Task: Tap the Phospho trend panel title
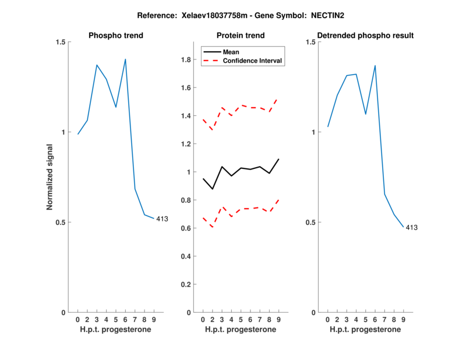click(116, 36)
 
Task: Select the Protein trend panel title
click(241, 36)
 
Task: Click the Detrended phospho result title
click(366, 36)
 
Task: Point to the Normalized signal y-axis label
click(50, 177)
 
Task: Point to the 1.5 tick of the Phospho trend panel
click(60, 42)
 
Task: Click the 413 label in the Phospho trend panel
click(162, 219)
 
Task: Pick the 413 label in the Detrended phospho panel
click(411, 228)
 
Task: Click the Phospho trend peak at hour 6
click(125, 59)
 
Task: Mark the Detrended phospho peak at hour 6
click(375, 65)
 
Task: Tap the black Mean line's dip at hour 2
click(213, 189)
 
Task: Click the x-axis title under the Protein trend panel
click(241, 330)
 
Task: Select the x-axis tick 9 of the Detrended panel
click(403, 319)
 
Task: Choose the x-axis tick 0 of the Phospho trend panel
click(78, 319)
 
